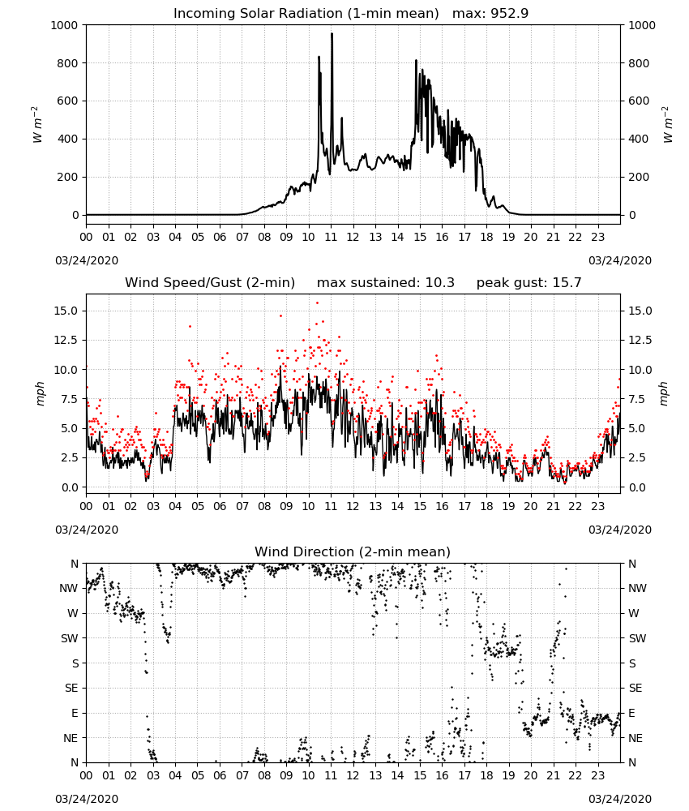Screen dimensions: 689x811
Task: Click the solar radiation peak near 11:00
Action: coord(332,34)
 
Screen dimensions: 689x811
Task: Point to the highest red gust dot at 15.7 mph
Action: coord(318,303)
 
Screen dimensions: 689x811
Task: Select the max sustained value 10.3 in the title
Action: coord(440,282)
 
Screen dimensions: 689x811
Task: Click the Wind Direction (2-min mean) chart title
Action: coord(353,551)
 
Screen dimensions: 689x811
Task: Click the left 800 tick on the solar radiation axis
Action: coord(68,63)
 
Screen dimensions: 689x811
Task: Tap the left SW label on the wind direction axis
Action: coord(70,638)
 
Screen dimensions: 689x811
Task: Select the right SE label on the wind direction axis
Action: coord(636,688)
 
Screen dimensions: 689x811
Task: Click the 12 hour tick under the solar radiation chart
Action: coord(353,237)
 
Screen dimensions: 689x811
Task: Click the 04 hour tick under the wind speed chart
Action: coord(175,506)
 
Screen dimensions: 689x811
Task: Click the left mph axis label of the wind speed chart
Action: coord(41,393)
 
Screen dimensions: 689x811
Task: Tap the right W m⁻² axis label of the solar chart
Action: coord(668,125)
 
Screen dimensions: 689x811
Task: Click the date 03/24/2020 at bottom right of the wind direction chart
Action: coord(620,799)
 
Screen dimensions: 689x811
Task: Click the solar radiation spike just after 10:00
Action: coord(319,58)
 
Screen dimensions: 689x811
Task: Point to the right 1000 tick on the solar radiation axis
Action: coord(642,25)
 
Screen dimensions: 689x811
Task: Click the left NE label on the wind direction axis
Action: coord(71,738)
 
